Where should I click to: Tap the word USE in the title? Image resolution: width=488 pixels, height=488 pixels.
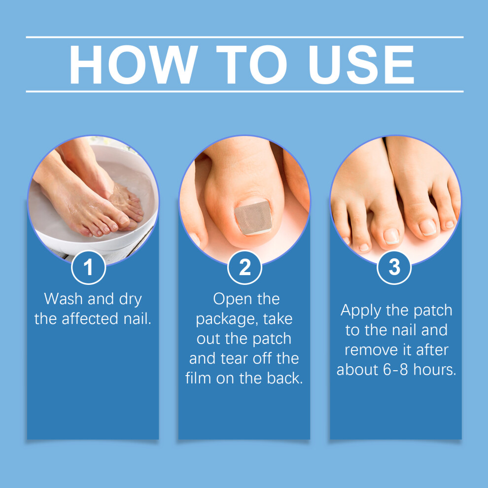pyautogui.click(x=361, y=65)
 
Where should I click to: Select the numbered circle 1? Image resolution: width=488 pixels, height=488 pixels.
pyautogui.click(x=88, y=267)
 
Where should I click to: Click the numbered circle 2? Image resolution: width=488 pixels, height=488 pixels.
pyautogui.click(x=244, y=267)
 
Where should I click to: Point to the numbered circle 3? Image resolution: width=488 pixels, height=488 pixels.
pyautogui.click(x=394, y=267)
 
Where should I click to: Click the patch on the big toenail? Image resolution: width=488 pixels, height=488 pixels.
pyautogui.click(x=253, y=218)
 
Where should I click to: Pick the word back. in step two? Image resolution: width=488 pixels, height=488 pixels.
pyautogui.click(x=284, y=378)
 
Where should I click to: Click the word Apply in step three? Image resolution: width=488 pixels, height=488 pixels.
pyautogui.click(x=361, y=311)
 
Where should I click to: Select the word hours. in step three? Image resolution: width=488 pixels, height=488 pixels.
pyautogui.click(x=435, y=370)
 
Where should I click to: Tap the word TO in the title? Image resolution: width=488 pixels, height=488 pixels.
pyautogui.click(x=251, y=65)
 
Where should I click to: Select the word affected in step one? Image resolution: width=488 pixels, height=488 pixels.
pyautogui.click(x=90, y=319)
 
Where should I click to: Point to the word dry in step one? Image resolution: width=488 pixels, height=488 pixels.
pyautogui.click(x=131, y=300)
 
